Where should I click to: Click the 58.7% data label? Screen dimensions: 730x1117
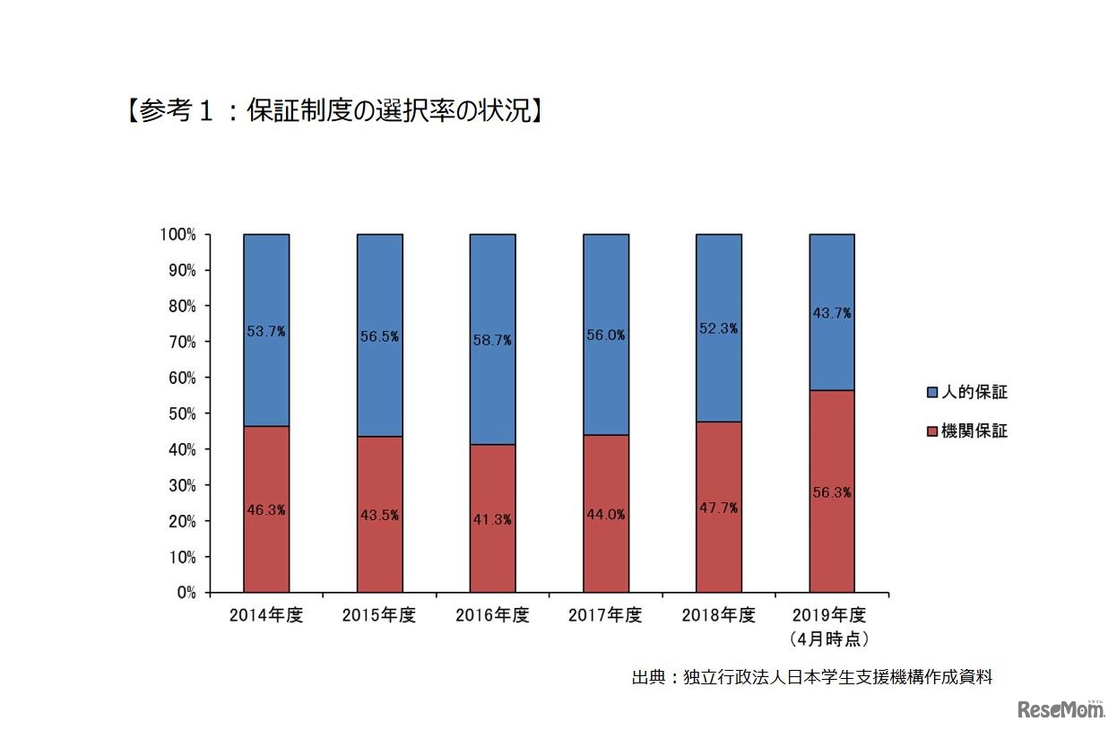pyautogui.click(x=492, y=341)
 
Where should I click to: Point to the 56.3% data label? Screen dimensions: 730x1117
pyautogui.click(x=832, y=492)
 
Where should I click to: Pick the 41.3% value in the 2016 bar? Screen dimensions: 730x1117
pyautogui.click(x=492, y=519)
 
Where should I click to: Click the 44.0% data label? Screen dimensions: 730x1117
pyautogui.click(x=606, y=515)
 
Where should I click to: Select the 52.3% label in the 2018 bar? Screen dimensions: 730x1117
pyautogui.click(x=719, y=328)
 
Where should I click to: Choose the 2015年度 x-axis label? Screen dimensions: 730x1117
pyautogui.click(x=379, y=616)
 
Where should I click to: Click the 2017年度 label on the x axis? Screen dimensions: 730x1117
pyautogui.click(x=606, y=616)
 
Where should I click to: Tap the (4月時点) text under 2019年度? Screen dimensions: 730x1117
pyautogui.click(x=831, y=639)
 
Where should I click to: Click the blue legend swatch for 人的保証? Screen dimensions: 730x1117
pyautogui.click(x=931, y=393)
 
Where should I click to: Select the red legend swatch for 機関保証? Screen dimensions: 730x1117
pyautogui.click(x=931, y=431)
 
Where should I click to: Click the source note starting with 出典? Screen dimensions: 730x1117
pyautogui.click(x=812, y=677)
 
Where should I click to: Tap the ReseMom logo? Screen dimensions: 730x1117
pyautogui.click(x=1061, y=709)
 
